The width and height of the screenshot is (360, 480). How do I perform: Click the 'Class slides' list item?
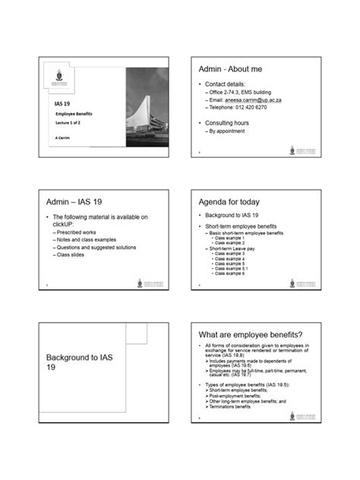click(72, 254)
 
